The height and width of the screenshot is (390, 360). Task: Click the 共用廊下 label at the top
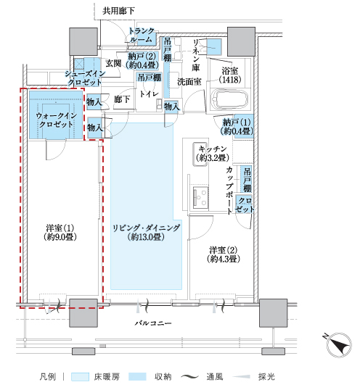[118, 11]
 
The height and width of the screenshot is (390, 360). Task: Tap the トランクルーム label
[142, 36]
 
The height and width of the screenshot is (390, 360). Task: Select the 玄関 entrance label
[113, 63]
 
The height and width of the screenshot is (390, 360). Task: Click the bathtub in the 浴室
[229, 99]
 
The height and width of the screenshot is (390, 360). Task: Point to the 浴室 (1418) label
[230, 75]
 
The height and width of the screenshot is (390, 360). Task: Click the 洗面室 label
[189, 82]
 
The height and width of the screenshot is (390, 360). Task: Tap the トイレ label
[149, 94]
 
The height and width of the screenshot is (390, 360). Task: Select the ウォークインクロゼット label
[57, 120]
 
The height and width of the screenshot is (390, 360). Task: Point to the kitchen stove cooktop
[200, 196]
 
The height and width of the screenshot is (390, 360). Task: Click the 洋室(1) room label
[60, 233]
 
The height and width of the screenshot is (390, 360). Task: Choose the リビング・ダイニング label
[146, 232]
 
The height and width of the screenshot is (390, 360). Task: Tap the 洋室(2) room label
[224, 254]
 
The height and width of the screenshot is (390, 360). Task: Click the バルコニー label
[153, 323]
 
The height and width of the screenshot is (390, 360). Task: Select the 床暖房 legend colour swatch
[80, 376]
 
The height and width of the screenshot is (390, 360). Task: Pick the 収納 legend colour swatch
[137, 376]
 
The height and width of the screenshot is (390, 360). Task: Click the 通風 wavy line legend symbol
[190, 377]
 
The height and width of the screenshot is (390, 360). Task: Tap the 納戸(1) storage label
[237, 127]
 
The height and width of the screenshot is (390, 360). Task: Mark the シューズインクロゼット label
[85, 78]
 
